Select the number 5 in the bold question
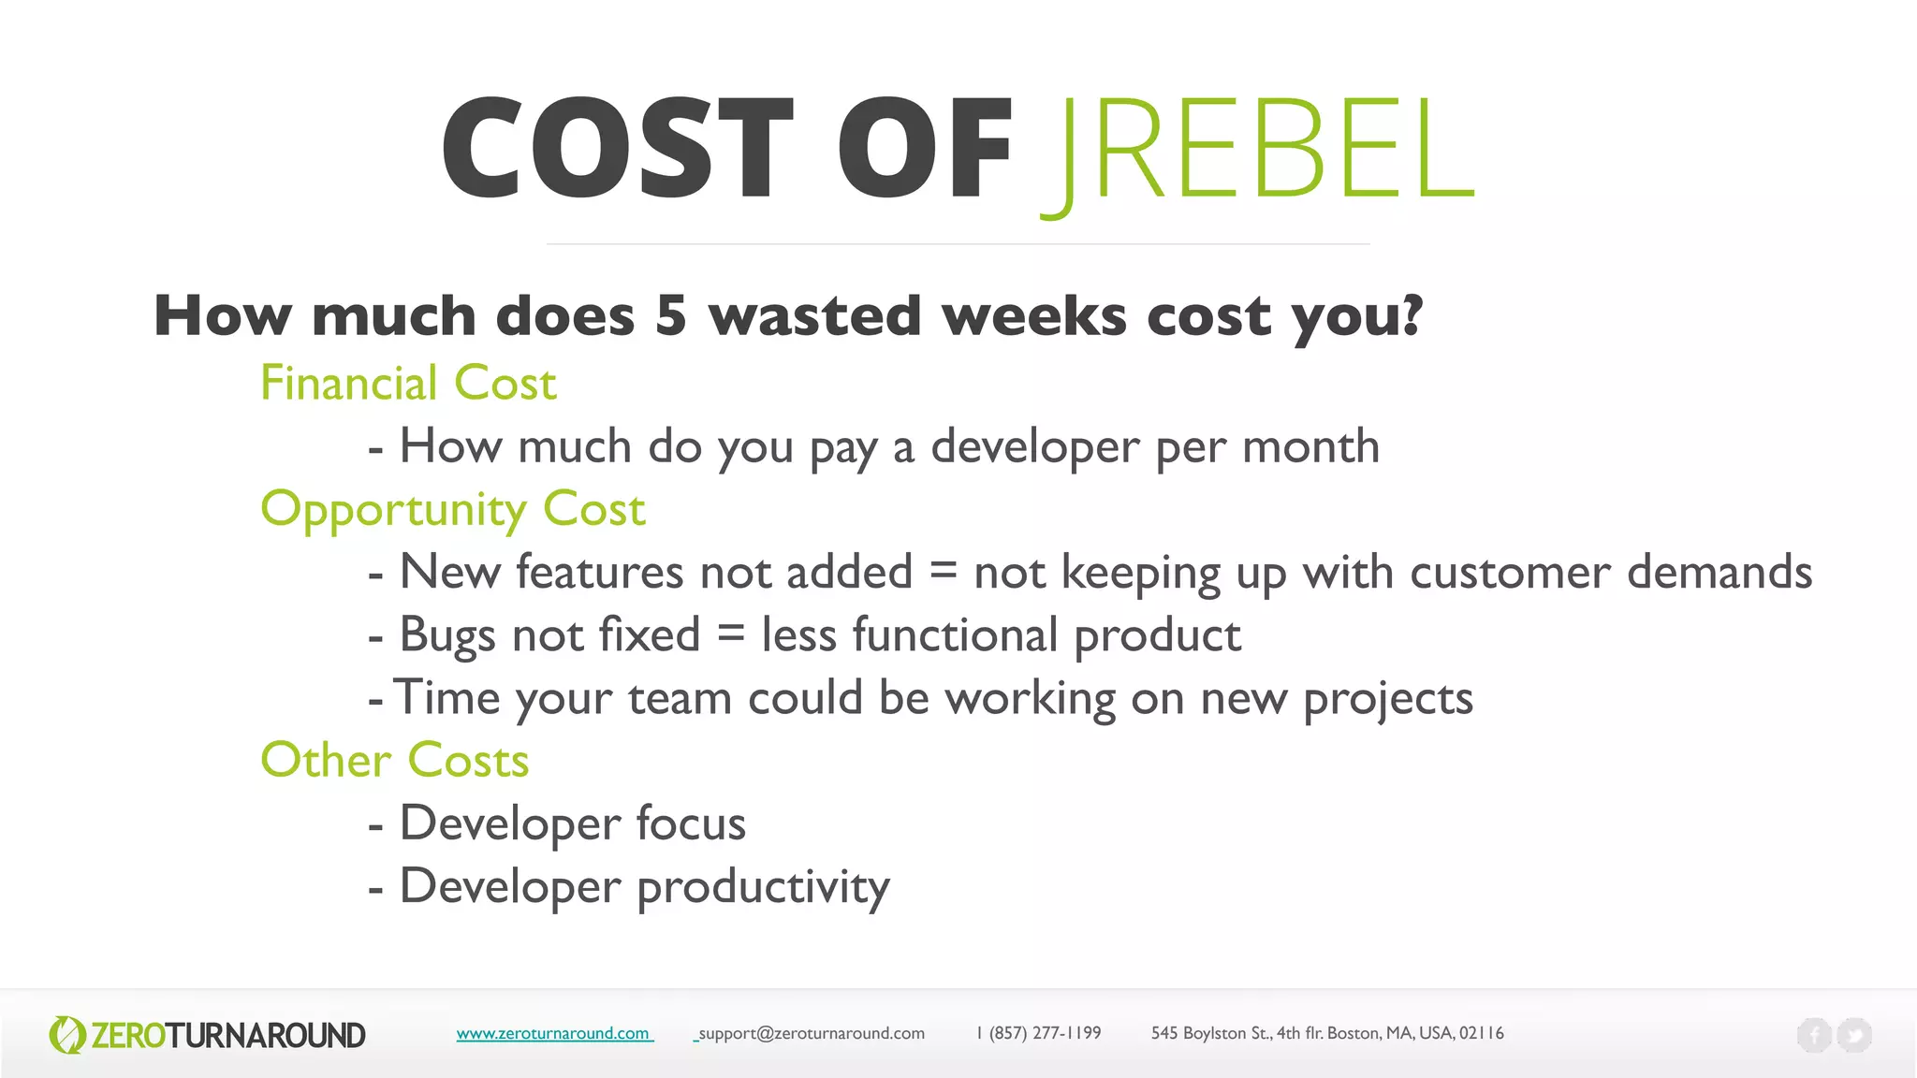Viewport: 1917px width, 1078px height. pyautogui.click(x=670, y=315)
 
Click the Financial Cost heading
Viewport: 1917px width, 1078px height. pyautogui.click(x=408, y=384)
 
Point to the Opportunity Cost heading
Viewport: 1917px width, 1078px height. pyautogui.click(x=453, y=510)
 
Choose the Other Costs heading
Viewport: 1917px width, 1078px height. pyautogui.click(x=394, y=760)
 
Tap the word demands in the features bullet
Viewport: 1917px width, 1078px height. pyautogui.click(x=1719, y=572)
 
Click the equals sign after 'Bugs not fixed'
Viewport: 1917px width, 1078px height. pyautogui.click(x=731, y=635)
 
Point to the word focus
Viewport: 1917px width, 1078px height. pyautogui.click(x=691, y=823)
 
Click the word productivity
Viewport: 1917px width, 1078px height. pyautogui.click(x=763, y=887)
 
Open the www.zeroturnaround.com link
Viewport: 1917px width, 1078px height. pyautogui.click(x=553, y=1033)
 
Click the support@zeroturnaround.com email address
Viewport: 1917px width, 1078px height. pyautogui.click(x=812, y=1033)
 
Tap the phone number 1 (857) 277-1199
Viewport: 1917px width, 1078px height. pyautogui.click(x=1039, y=1033)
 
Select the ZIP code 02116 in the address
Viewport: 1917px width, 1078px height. pyautogui.click(x=1481, y=1033)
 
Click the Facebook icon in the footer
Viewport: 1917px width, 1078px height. pyautogui.click(x=1813, y=1035)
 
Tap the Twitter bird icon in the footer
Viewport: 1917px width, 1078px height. pyautogui.click(x=1854, y=1035)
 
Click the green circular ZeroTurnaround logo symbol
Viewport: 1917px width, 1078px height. pyautogui.click(x=66, y=1035)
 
